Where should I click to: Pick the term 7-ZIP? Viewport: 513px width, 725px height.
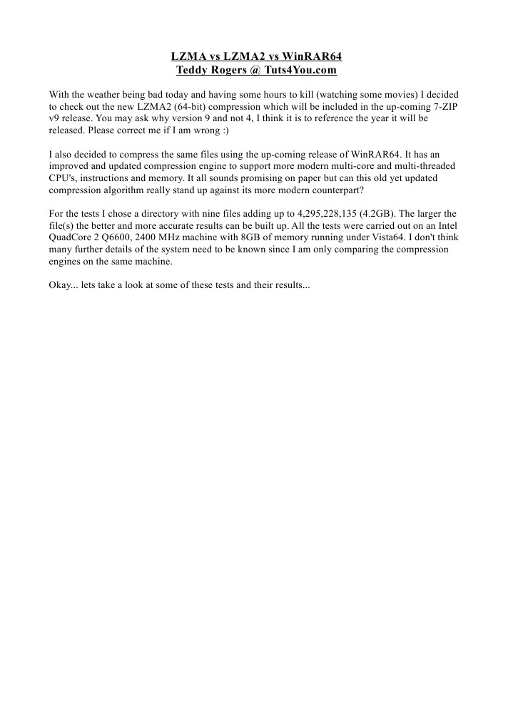point(443,106)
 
